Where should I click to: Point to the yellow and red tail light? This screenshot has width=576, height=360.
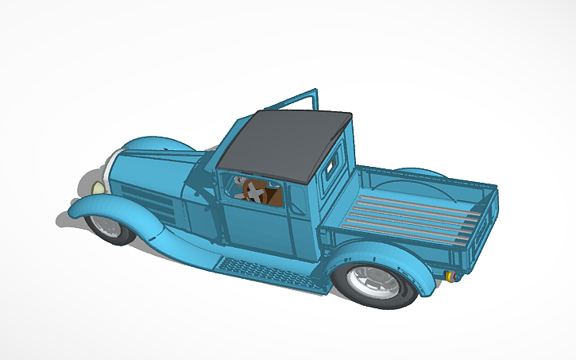[451, 276]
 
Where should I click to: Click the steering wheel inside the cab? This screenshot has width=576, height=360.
[254, 191]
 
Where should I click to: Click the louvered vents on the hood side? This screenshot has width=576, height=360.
[155, 204]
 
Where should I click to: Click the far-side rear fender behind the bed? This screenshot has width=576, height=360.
[421, 174]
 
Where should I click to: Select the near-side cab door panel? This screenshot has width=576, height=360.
[258, 226]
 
